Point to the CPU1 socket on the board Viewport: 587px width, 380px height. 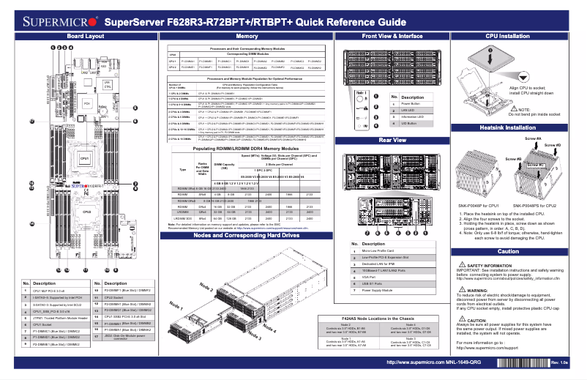click(x=84, y=158)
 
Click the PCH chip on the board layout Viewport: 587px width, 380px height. click(x=86, y=105)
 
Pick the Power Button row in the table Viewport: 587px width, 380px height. click(x=411, y=103)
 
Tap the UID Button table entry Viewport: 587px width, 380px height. click(x=410, y=123)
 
